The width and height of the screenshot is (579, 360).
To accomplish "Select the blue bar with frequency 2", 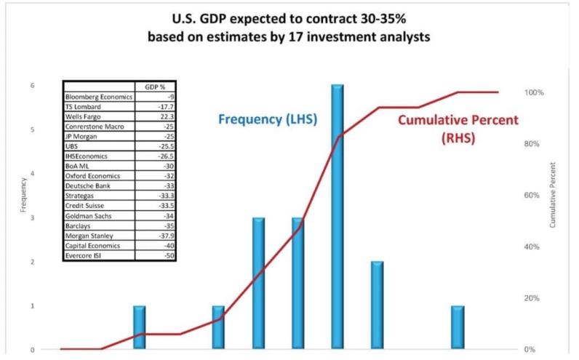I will tap(377, 305).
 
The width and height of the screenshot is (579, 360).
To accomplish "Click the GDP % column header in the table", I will tap(148, 86).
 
